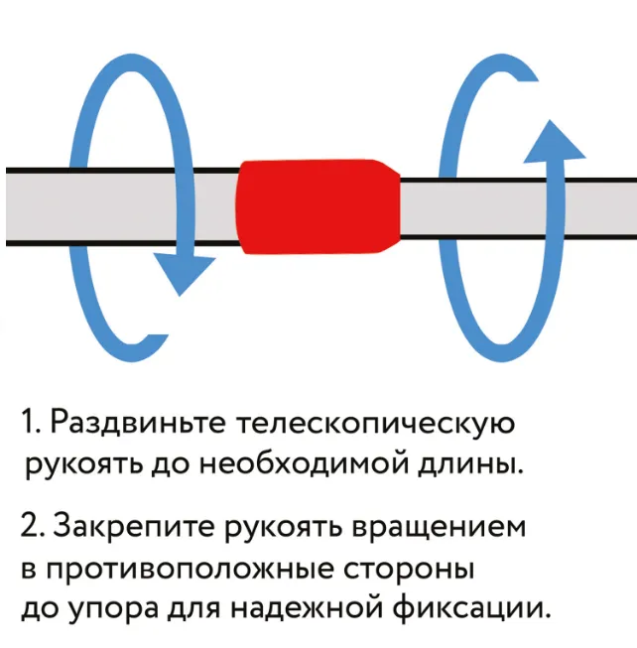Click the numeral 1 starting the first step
pyautogui.click(x=27, y=425)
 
